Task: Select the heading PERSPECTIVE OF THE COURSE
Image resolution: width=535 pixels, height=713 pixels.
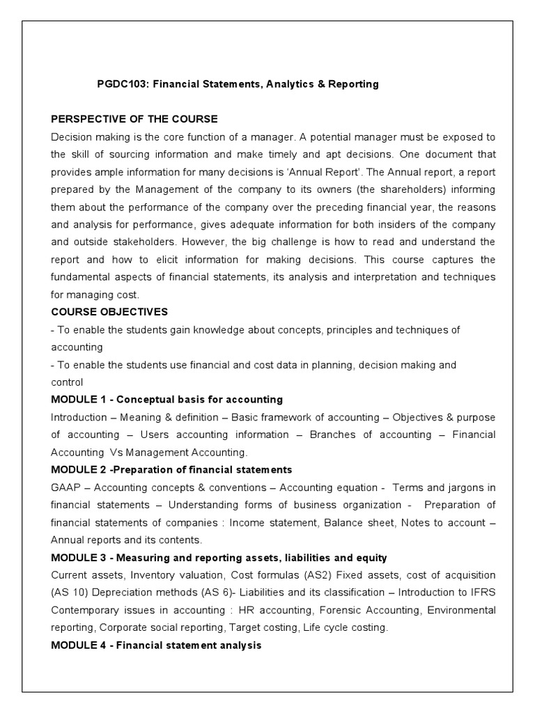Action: [134, 118]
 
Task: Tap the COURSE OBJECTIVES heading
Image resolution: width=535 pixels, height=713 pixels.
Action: [109, 311]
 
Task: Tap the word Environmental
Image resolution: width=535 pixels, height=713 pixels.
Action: [461, 610]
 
